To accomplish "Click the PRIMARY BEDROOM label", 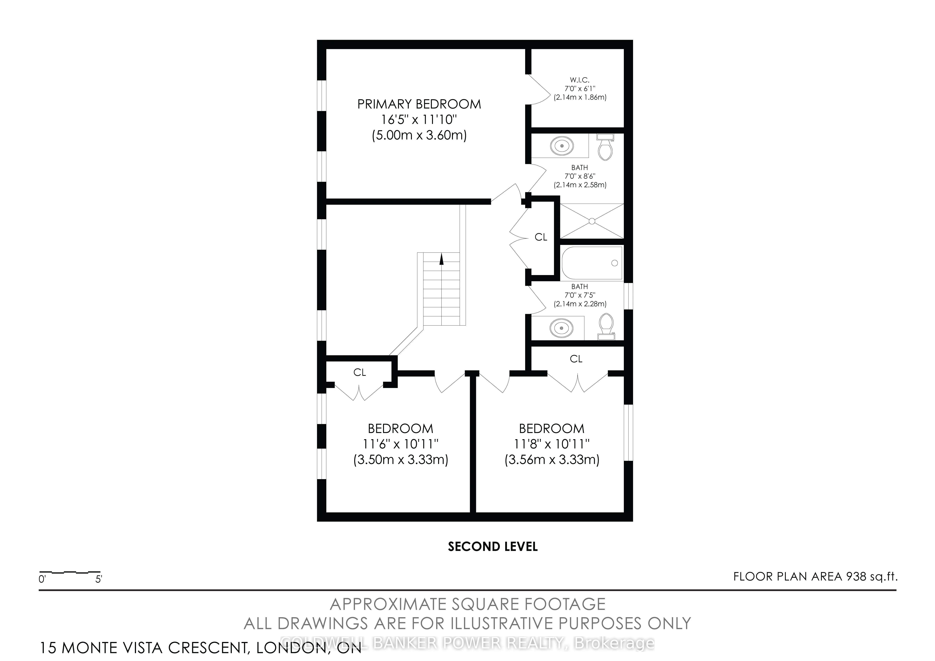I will [x=419, y=104].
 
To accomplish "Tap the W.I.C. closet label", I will [x=579, y=80].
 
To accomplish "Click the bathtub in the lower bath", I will [x=592, y=263].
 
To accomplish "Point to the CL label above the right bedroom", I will [x=576, y=359].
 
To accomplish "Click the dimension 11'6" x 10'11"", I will [x=400, y=444].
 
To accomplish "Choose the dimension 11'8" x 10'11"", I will [x=552, y=444].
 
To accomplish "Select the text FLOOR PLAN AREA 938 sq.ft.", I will [x=815, y=577].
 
